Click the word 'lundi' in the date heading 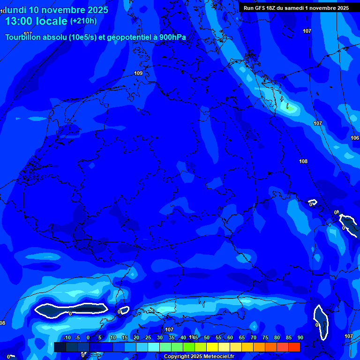tap(15, 9)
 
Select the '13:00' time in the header tap(19, 21)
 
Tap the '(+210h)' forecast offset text tap(83, 21)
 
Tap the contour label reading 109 tap(138, 73)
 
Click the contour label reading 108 tap(303, 161)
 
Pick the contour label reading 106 tap(355, 138)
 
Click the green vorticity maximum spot tap(290, 108)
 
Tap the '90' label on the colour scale tap(300, 337)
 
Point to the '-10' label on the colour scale tap(66, 337)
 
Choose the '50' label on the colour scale tap(207, 337)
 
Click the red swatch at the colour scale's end tap(294, 347)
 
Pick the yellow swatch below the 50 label tap(212, 347)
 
